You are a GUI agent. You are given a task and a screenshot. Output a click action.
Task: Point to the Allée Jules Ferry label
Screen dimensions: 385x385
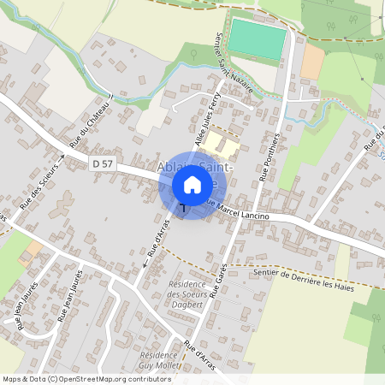(200, 121)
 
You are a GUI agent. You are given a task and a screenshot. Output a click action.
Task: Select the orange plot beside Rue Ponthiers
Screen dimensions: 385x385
(312, 60)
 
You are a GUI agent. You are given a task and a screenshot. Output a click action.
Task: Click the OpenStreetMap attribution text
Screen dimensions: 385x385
(86, 378)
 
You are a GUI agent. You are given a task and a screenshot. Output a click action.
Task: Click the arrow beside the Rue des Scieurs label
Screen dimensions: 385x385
(61, 159)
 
